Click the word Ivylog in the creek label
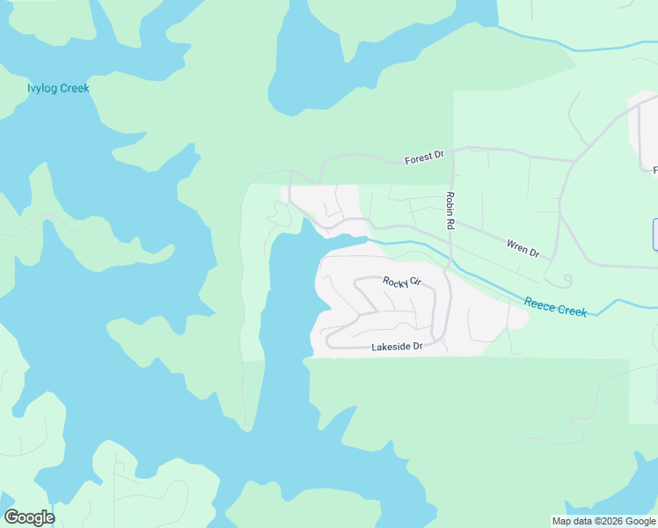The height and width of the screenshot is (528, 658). (43, 88)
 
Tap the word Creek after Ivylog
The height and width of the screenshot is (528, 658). (75, 88)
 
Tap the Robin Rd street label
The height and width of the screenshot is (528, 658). (450, 211)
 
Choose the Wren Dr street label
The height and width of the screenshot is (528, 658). (523, 248)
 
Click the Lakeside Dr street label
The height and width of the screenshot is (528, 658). (397, 347)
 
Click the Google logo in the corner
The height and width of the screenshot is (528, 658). (29, 517)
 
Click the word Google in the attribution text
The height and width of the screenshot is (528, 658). (640, 521)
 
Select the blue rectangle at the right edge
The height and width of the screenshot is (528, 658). (654, 234)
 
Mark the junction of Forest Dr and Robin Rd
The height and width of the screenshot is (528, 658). (450, 149)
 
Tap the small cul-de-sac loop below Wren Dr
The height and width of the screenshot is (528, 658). (566, 281)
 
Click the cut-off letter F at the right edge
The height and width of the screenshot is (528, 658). (654, 169)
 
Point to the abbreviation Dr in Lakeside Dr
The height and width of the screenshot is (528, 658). (418, 347)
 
